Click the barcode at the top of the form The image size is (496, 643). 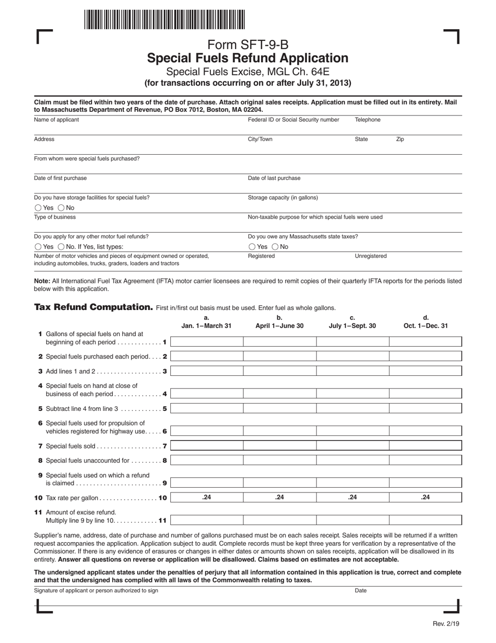(164, 20)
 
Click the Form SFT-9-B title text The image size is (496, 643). (247, 45)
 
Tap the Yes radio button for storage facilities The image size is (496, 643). (38, 208)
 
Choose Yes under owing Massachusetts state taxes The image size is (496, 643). (252, 247)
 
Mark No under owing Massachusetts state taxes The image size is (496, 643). (275, 247)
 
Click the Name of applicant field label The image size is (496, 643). (56, 120)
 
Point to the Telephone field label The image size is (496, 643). (368, 120)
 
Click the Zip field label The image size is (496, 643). (400, 140)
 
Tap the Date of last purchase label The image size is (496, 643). (274, 178)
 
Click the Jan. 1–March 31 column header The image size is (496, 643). (206, 326)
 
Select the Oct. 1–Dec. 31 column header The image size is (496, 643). (426, 326)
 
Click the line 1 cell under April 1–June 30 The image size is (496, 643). (279, 342)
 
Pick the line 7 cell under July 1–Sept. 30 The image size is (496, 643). (352, 446)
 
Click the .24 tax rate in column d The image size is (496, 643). (426, 498)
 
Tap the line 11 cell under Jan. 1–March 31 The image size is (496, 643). (206, 520)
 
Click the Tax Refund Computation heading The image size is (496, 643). (93, 307)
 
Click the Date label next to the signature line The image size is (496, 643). (361, 591)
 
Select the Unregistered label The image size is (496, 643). (371, 256)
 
